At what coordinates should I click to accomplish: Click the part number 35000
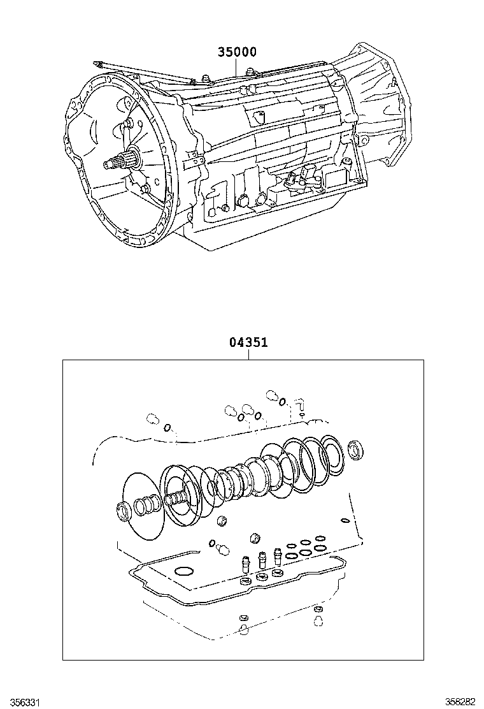(238, 52)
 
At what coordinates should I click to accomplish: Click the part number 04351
(248, 342)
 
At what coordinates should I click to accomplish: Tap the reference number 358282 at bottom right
(460, 702)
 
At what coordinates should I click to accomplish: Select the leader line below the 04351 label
(248, 354)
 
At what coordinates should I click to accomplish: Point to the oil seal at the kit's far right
(357, 450)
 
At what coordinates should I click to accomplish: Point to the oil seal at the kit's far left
(124, 511)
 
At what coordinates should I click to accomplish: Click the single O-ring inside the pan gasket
(184, 570)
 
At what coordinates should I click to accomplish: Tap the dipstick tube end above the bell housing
(97, 64)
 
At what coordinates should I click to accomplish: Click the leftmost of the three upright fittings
(245, 564)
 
